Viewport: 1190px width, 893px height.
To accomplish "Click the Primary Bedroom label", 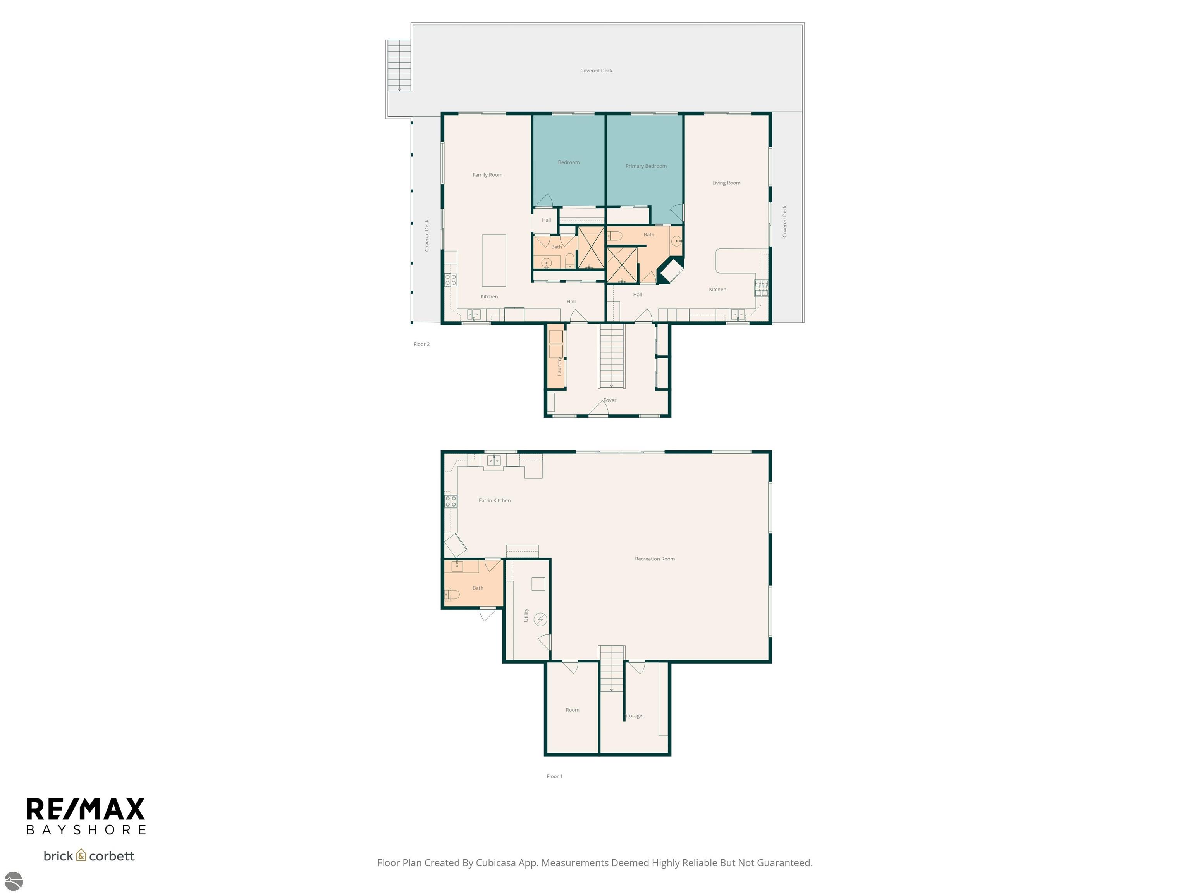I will pos(646,166).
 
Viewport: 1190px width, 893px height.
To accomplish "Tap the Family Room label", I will pos(487,175).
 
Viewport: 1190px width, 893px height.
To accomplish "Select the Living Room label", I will pos(726,183).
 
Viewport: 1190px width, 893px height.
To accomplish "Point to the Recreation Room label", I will pos(654,559).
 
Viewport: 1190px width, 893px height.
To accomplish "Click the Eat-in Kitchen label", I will pos(494,501).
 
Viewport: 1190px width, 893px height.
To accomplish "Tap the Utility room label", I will pos(526,615).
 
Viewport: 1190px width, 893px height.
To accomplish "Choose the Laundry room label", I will pos(559,366).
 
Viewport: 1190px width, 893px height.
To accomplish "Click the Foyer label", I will pos(609,400).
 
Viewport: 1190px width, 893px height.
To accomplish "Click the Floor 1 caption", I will pos(554,776).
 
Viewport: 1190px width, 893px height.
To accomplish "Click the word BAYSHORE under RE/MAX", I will pos(86,830).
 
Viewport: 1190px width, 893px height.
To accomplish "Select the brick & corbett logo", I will pos(89,856).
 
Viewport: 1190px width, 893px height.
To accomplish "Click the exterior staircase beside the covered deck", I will pos(399,66).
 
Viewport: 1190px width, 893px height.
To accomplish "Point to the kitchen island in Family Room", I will pos(494,260).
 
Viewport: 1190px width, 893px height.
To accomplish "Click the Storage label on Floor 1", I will pos(634,716).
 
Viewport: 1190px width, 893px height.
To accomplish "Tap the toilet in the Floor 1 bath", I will pos(452,595).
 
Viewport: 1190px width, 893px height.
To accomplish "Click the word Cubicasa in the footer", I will pos(495,863).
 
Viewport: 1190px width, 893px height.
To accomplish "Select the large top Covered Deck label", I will pos(596,71).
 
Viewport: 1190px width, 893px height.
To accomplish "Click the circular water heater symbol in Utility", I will pos(540,619).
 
